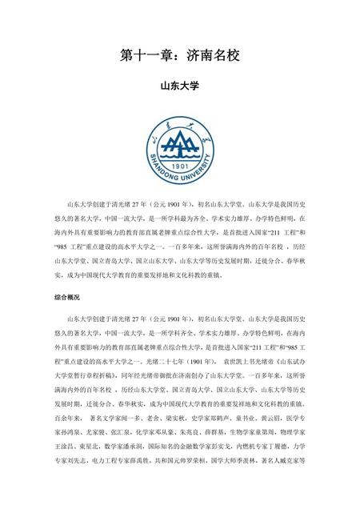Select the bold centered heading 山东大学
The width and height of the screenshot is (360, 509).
pos(180,84)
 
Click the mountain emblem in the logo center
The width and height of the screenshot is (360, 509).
pos(180,144)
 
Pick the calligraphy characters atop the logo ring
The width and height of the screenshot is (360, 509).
pos(180,121)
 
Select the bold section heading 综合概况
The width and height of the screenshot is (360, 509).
pos(67,297)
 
